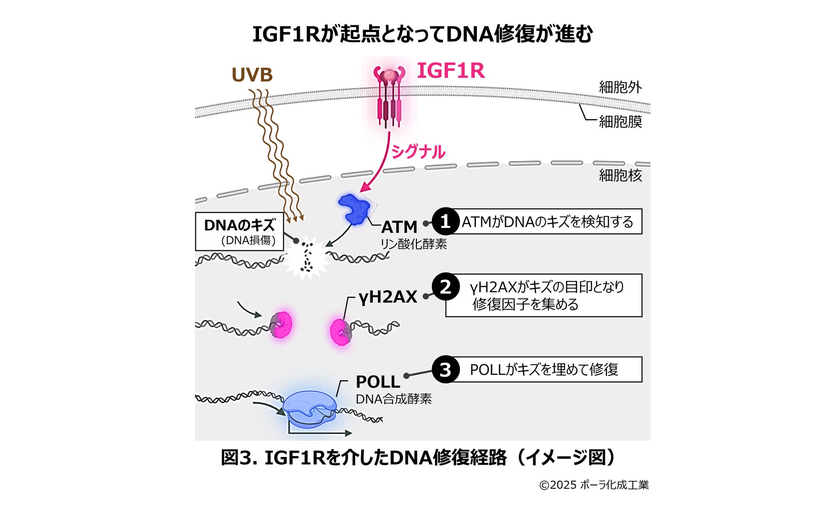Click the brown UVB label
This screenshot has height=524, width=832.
click(x=252, y=75)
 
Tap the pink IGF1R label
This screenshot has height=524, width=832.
click(x=451, y=70)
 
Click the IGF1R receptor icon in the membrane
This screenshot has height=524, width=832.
click(x=389, y=96)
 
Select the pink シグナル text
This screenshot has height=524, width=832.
click(x=418, y=152)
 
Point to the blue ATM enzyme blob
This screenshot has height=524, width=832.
click(x=355, y=209)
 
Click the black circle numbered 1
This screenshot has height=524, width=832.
click(x=445, y=221)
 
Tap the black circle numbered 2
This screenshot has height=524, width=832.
click(x=445, y=287)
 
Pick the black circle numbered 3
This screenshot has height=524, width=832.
click(x=445, y=369)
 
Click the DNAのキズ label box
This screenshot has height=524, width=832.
click(x=239, y=231)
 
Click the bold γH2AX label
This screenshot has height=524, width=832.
click(x=387, y=297)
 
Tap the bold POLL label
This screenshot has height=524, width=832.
click(x=378, y=381)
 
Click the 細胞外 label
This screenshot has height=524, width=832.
click(x=620, y=87)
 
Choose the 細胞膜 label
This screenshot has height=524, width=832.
click(x=620, y=122)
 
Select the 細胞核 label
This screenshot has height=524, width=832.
click(x=620, y=175)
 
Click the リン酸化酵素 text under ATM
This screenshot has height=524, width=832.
click(x=413, y=244)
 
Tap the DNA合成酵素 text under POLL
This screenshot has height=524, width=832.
click(x=393, y=399)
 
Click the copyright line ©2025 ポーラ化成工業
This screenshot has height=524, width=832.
click(x=594, y=485)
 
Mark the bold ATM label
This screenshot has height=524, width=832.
click(x=399, y=227)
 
